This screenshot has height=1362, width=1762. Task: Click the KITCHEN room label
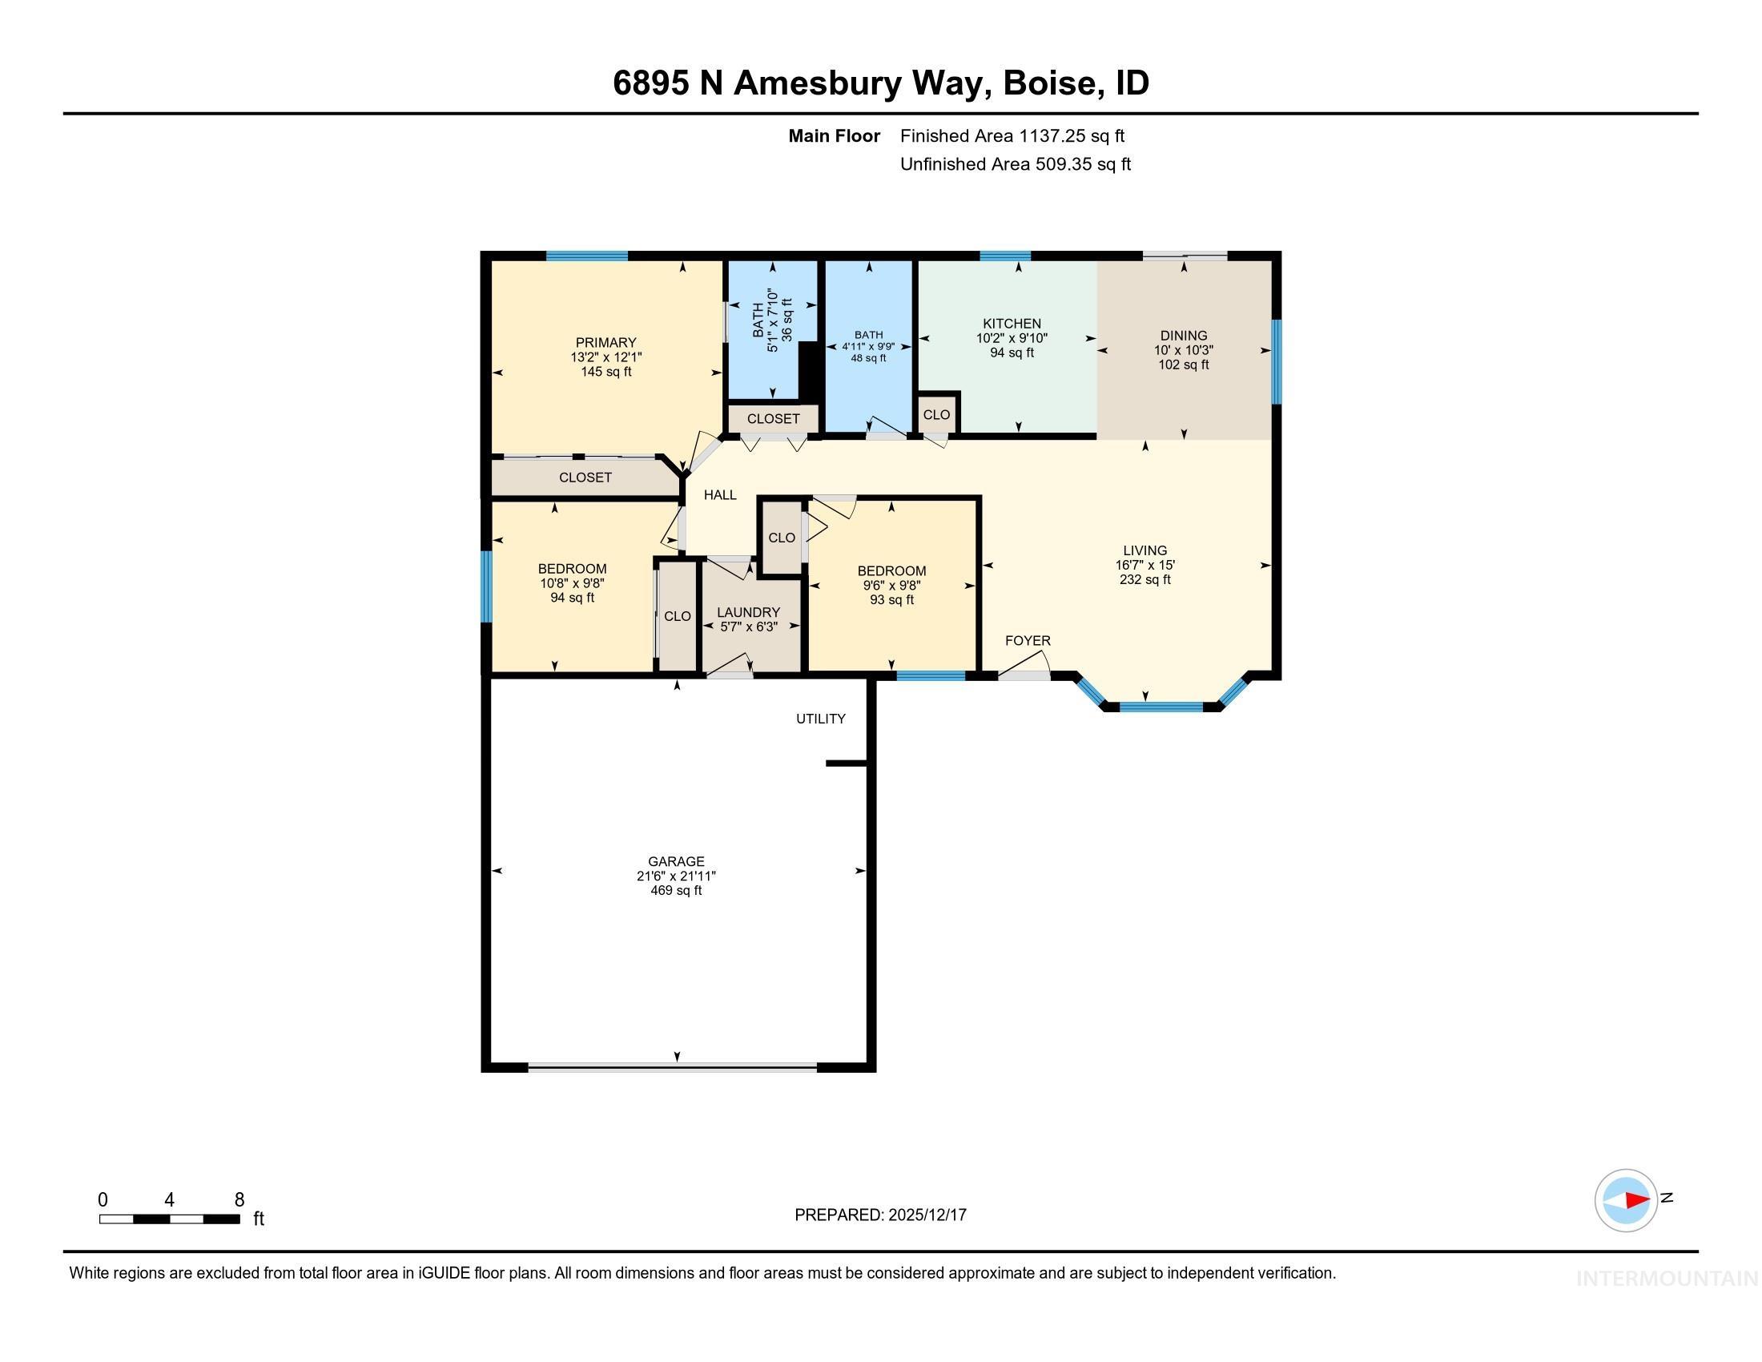(1012, 324)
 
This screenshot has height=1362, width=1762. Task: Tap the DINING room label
(1184, 336)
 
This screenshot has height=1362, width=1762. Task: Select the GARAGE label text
(676, 861)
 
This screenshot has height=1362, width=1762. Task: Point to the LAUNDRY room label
(748, 612)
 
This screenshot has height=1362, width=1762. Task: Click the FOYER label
(1027, 641)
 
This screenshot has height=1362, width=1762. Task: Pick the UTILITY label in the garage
(820, 719)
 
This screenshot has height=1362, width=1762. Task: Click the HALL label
(720, 495)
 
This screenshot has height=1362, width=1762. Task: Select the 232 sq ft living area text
(1144, 580)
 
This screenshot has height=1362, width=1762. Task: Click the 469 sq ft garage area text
(676, 891)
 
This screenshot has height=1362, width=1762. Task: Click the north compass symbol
(1626, 1200)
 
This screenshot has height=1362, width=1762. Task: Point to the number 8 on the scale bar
(239, 1200)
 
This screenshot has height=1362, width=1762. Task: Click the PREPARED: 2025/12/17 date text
(880, 1215)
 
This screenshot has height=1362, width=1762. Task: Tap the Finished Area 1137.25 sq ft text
(1012, 136)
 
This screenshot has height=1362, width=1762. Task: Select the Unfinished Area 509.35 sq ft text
(1015, 164)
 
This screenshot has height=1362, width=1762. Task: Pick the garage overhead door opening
(672, 1066)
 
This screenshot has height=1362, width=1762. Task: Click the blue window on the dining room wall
(1277, 361)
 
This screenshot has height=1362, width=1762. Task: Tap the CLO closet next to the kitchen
(937, 415)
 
